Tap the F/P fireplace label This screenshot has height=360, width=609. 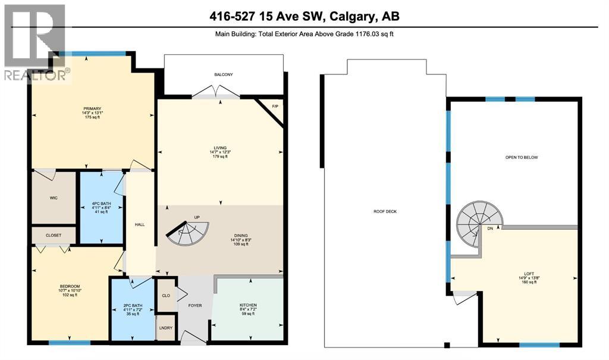pos(275,106)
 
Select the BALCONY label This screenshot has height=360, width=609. pos(224,74)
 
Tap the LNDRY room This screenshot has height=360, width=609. pos(166,328)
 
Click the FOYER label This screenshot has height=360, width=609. pos(195,305)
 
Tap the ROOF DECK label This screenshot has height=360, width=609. pos(385,211)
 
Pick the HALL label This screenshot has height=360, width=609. pos(140,224)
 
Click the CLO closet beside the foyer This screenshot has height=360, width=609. pos(166,295)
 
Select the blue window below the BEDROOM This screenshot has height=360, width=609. pos(69,343)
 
